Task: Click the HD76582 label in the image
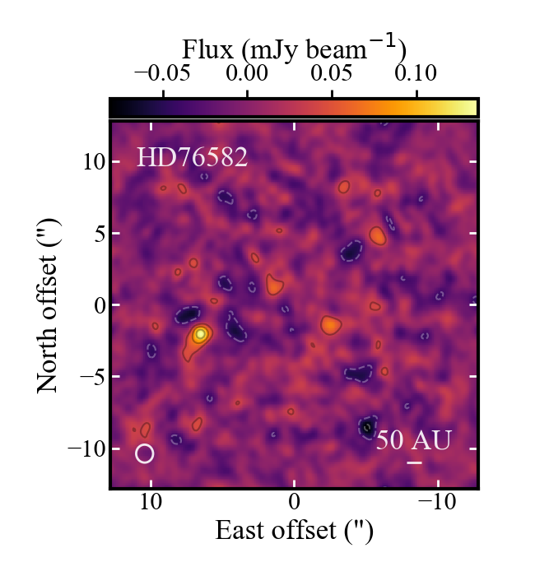point(192,157)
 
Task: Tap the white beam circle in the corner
point(145,453)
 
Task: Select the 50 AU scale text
point(413,440)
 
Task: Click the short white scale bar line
point(414,463)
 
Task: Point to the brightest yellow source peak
point(200,334)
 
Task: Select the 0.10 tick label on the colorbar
point(415,73)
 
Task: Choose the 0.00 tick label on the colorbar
point(248,73)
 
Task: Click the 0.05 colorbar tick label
point(331,73)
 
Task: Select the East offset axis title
point(294,531)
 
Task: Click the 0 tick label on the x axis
point(294,501)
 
